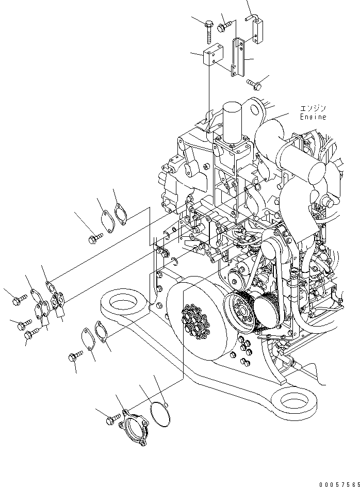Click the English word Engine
pyautogui.click(x=313, y=117)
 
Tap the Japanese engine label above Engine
pyautogui.click(x=314, y=109)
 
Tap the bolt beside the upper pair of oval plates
pyautogui.click(x=96, y=238)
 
